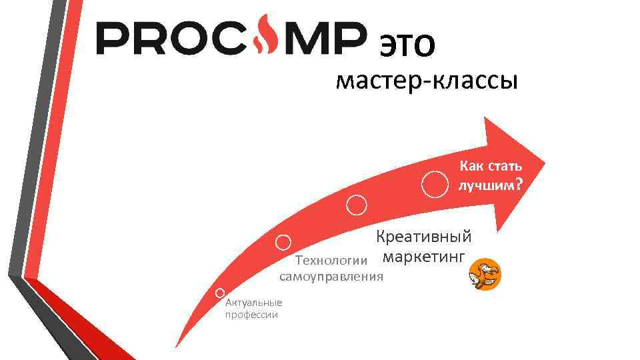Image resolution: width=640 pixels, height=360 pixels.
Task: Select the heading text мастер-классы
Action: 426,82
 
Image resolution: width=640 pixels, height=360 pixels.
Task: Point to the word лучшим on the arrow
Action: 485,185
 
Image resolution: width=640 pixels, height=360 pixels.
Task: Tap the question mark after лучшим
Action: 518,185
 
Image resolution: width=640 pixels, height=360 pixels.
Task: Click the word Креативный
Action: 423,237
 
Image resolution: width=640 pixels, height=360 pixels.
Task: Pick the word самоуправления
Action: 331,276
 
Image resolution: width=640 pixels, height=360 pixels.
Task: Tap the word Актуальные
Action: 254,303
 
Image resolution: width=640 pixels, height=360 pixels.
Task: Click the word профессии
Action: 251,315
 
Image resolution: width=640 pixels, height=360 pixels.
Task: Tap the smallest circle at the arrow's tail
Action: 220,293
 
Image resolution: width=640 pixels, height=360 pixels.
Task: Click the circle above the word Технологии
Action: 285,242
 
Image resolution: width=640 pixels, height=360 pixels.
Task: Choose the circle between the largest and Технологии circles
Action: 357,205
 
